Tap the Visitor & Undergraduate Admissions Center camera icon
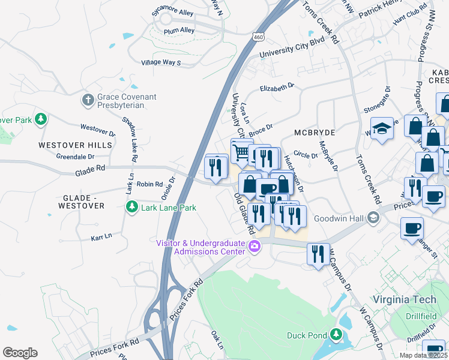[x=255, y=247]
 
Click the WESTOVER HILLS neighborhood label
[x=75, y=145]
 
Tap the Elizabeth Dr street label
[x=277, y=88]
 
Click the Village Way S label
[x=161, y=62]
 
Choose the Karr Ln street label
[x=101, y=236]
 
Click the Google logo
[x=20, y=353]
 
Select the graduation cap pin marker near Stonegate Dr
[x=381, y=129]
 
